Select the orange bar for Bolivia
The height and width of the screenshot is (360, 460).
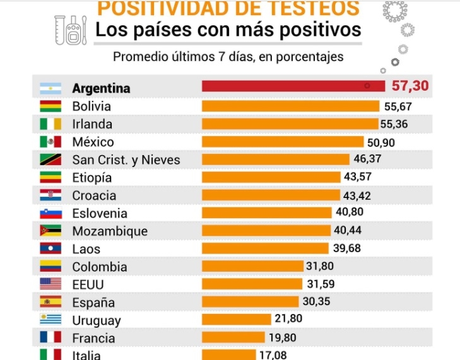tap(290, 106)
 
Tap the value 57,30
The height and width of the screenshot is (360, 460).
tap(411, 86)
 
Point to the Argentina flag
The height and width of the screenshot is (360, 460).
tap(50, 88)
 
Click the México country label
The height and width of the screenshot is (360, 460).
tap(93, 142)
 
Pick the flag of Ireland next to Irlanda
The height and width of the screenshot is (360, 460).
tap(50, 124)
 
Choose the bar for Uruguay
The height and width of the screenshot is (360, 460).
tap(237, 320)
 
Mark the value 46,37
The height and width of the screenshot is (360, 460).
tap(372, 160)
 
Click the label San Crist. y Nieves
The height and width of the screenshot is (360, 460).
tap(126, 160)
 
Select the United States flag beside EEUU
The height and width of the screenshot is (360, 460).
tap(50, 284)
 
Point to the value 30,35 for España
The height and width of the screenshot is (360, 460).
tap(316, 301)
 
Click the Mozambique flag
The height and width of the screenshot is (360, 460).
tap(50, 231)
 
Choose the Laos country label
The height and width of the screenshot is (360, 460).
tap(86, 249)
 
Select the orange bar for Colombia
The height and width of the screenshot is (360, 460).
tap(252, 266)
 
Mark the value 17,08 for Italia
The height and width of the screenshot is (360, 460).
tap(273, 355)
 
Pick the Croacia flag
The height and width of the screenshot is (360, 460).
tap(50, 195)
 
